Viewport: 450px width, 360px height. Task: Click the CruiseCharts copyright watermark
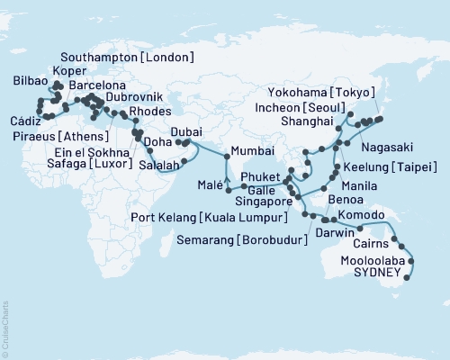coord(6,329)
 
